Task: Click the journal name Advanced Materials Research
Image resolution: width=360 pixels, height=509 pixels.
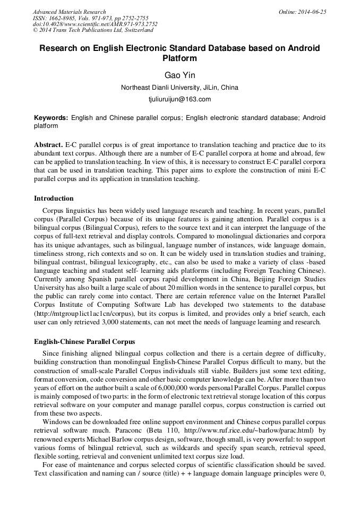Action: click(69, 12)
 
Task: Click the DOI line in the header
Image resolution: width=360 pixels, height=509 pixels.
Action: click(95, 24)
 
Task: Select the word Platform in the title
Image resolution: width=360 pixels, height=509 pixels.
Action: click(179, 58)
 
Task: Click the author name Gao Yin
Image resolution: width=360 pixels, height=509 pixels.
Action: click(179, 75)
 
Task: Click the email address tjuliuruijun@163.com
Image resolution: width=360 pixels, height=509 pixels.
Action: click(179, 99)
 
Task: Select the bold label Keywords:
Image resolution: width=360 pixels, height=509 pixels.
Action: click(51, 118)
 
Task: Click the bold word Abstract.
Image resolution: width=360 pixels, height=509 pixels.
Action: click(48, 145)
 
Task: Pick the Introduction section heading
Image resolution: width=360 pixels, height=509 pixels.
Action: click(54, 199)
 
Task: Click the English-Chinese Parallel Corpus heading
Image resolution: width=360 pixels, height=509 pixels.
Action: click(84, 342)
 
